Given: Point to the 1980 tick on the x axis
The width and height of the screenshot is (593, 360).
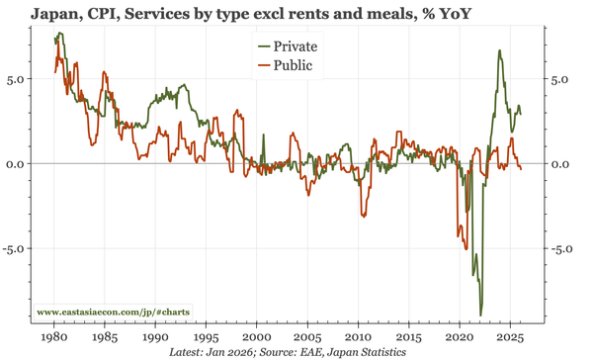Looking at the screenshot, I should click(54, 335).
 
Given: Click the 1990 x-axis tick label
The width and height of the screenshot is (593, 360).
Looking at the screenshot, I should click(156, 335).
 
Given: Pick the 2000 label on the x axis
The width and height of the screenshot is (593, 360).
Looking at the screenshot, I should click(257, 335).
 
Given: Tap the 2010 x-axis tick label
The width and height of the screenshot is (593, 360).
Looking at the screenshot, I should click(359, 335).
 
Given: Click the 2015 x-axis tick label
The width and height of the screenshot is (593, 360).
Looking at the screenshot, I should click(409, 335).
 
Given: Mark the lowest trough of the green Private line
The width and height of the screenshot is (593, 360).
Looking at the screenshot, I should click(480, 315).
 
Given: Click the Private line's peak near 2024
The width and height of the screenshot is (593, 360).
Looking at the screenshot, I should click(499, 50).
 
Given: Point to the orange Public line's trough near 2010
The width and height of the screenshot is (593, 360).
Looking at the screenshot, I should click(363, 216).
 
